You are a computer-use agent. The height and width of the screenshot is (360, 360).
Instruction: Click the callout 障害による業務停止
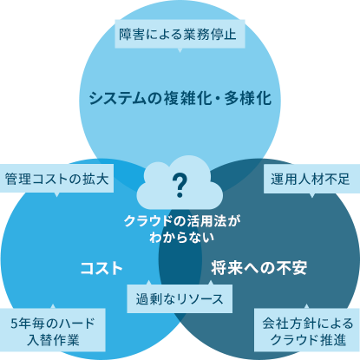180,34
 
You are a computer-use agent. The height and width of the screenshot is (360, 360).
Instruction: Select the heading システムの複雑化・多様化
180,98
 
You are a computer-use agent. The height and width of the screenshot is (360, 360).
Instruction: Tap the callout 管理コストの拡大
56,179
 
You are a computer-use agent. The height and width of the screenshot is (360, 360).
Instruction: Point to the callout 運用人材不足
311,180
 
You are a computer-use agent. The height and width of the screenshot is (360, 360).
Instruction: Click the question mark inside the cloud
180,186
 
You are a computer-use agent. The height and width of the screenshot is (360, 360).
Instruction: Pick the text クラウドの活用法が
182,221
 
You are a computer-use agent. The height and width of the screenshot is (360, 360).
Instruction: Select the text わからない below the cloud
182,238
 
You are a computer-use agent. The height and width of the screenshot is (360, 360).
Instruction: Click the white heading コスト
101,268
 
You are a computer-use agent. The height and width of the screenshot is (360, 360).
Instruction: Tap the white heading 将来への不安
259,268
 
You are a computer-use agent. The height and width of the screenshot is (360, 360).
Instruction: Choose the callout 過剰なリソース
180,298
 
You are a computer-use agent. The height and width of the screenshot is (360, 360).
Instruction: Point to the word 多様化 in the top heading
248,98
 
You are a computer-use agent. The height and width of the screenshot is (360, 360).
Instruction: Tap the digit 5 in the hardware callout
14,324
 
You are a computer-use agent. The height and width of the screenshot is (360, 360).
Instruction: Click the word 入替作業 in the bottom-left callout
53,340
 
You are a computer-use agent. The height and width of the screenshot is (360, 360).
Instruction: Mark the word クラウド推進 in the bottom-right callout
308,340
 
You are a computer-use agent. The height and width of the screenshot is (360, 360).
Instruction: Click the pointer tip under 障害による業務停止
180,52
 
